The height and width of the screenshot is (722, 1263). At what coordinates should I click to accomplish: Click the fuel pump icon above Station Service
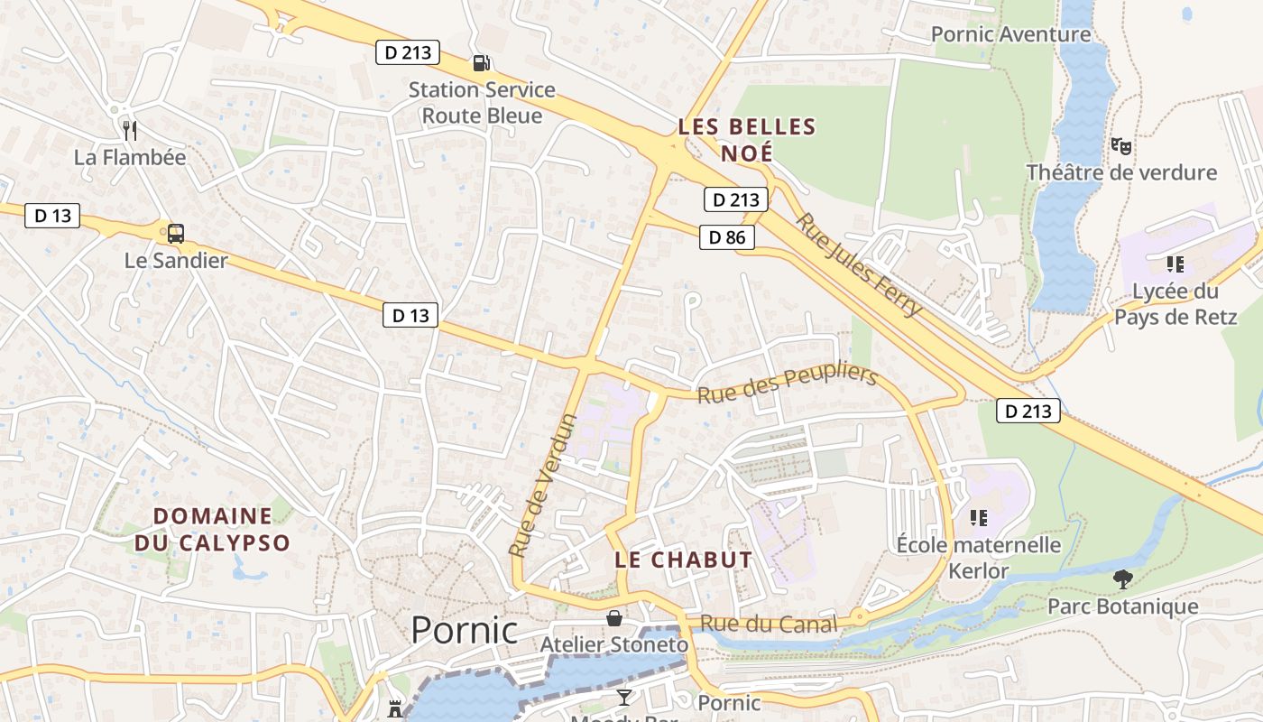[482, 62]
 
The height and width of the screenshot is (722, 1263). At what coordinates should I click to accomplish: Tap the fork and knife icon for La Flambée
[130, 131]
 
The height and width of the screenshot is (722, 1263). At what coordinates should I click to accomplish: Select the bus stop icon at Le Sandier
[176, 234]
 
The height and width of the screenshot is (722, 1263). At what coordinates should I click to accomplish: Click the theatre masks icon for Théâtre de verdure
[1121, 145]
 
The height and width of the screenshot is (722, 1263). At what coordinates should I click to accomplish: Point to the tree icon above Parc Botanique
[1122, 579]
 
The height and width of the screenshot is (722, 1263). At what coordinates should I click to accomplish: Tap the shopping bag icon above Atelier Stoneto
[614, 618]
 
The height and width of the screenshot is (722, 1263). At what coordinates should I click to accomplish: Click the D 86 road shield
[727, 237]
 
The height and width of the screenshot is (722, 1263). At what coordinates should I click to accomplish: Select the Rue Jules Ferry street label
[859, 264]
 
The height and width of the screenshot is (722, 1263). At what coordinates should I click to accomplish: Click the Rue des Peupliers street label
[787, 384]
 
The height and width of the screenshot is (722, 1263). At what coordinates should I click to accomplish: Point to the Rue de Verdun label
[541, 485]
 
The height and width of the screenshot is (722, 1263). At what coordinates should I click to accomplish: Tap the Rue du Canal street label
[769, 624]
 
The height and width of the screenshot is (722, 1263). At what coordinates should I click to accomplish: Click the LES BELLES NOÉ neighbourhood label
[747, 140]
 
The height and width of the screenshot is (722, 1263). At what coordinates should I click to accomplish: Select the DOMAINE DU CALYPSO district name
[213, 530]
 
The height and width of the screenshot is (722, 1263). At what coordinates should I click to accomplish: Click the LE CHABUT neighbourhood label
[683, 560]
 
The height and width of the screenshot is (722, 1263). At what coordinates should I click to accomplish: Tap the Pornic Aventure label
[1010, 34]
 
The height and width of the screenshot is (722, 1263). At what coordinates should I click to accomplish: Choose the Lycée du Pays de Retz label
[1175, 304]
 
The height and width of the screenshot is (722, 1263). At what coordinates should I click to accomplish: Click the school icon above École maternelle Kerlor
[978, 517]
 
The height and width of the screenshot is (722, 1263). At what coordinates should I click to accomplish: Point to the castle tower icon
[395, 708]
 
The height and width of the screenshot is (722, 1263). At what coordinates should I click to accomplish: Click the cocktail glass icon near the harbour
[623, 696]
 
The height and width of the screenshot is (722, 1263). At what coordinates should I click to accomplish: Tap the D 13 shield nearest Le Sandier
[52, 216]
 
